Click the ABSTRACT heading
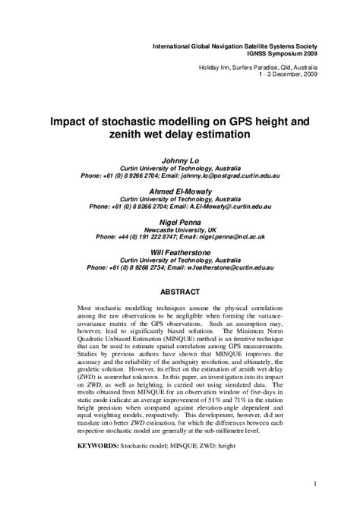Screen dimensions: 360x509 pyautogui.click(x=180, y=292)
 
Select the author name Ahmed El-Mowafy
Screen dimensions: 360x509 pyautogui.click(x=180, y=191)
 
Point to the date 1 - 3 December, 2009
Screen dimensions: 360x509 pyautogui.click(x=288, y=74)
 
